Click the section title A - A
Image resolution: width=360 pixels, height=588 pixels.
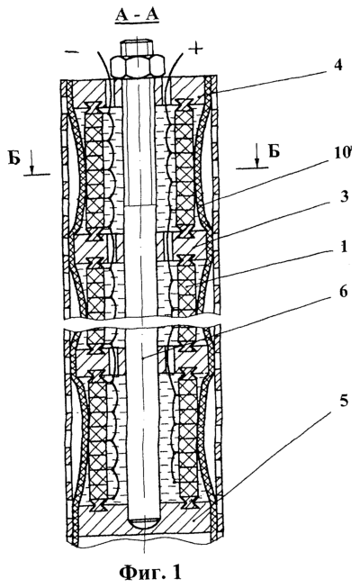[x=137, y=15]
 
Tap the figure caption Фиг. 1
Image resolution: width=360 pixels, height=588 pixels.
[x=150, y=573]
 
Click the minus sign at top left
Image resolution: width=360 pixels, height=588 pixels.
[x=72, y=51]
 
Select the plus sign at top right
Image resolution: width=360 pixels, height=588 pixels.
[x=195, y=49]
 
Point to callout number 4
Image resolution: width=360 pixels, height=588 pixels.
[x=337, y=65]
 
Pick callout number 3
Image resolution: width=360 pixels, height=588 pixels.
[x=344, y=196]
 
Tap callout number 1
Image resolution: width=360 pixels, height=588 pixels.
[x=344, y=248]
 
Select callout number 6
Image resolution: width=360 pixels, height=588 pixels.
[x=344, y=292]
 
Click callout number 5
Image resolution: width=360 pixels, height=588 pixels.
[x=344, y=402]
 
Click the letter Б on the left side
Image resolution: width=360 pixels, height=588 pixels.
[x=13, y=158]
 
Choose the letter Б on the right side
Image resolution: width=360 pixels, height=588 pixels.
[x=274, y=151]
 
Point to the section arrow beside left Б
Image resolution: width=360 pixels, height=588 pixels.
[x=31, y=166]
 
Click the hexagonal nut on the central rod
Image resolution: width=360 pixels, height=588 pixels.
[x=137, y=67]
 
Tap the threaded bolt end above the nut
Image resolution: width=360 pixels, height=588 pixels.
[x=137, y=49]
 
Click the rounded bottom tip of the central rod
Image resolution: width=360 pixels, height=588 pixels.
[x=143, y=523]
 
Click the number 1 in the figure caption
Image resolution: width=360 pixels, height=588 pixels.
[x=175, y=573]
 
